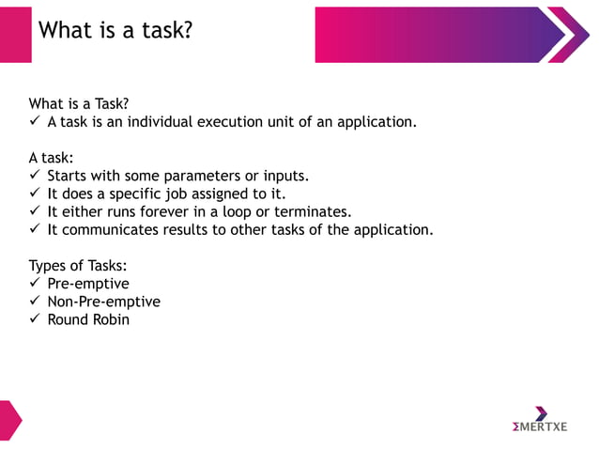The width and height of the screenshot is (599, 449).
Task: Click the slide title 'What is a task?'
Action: pos(115,31)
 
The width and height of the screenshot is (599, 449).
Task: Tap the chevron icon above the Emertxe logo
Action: pos(541,413)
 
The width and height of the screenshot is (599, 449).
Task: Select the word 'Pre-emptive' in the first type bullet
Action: pos(88,284)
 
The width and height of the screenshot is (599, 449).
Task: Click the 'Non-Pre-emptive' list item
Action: pos(103,302)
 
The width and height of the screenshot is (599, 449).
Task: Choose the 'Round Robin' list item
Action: pos(88,319)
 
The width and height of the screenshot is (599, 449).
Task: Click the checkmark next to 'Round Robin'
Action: pos(35,319)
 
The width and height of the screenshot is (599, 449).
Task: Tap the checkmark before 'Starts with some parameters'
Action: pos(35,176)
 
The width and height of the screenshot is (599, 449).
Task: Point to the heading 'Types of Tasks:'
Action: pos(78,266)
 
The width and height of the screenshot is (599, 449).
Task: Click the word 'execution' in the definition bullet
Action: pos(230,122)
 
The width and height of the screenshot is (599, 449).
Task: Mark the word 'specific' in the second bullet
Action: pos(138,194)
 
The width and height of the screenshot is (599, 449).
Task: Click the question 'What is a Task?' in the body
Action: pos(79,103)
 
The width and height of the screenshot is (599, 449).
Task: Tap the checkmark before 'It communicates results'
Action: pos(35,229)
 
